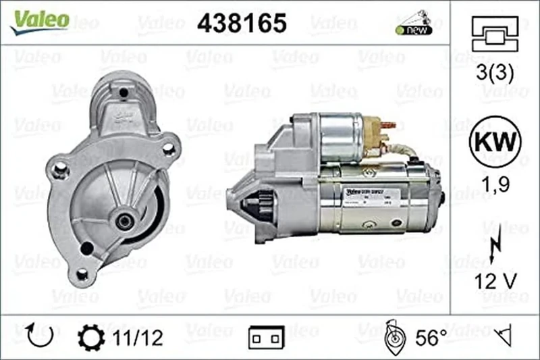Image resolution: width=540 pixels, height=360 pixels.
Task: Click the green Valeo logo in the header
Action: click(38, 20)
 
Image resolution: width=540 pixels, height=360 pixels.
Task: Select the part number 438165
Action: click(242, 23)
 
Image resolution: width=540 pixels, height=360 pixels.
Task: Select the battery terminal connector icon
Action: click(266, 337)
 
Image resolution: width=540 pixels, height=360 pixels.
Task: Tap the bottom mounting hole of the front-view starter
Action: click(82, 274)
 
